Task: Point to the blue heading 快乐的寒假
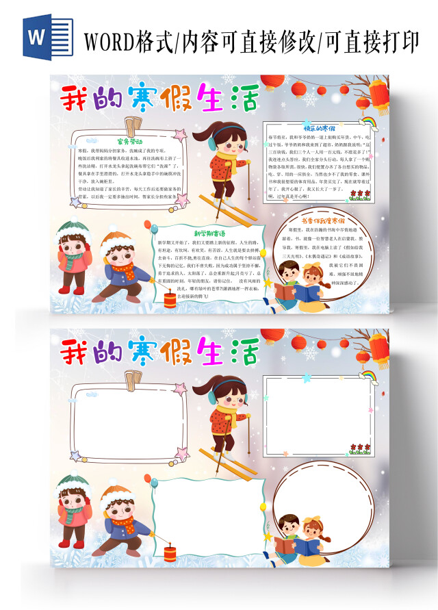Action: pos(319,127)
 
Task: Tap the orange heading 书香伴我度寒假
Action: pos(320,221)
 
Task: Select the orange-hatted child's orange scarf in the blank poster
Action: pos(124,524)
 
